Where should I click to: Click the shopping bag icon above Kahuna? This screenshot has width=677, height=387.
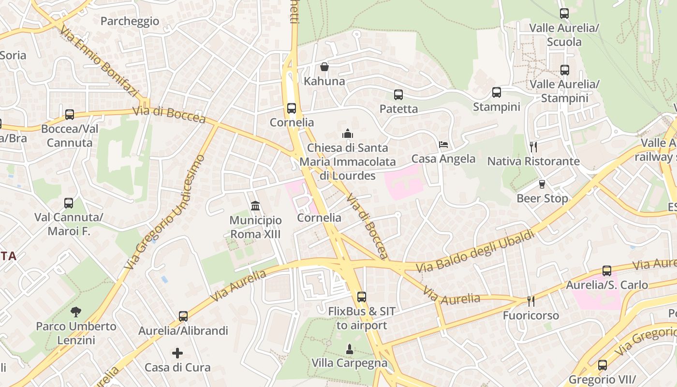coord(324,67)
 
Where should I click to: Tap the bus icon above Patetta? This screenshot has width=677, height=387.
coord(398,95)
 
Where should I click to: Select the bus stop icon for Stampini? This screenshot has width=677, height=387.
coord(497,92)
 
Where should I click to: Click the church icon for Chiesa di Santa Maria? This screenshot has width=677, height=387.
coord(347,134)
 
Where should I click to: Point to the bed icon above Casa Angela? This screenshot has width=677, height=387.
coord(443,145)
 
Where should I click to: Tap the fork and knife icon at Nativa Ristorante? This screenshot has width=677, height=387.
coord(533,147)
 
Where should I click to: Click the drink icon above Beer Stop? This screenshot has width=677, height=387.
coord(542,184)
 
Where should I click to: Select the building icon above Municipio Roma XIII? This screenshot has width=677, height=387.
coord(255,207)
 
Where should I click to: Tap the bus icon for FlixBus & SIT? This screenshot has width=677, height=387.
coord(362,297)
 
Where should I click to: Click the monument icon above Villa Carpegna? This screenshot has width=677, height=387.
coord(349,349)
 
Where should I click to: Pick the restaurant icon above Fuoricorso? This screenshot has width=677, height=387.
coord(531,301)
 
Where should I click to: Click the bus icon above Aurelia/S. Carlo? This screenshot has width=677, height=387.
coord(607,271)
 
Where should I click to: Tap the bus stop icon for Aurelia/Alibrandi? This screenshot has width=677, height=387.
coord(183,316)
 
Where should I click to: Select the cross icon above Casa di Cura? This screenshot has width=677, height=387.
coord(177,353)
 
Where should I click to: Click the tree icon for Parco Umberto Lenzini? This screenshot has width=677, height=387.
coord(76,312)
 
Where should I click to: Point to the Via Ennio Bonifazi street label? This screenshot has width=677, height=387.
coord(99,61)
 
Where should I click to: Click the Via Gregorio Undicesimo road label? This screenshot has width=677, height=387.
coord(164,212)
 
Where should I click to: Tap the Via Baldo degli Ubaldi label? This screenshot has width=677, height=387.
coord(475,251)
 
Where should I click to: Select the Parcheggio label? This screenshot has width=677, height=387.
coord(130,21)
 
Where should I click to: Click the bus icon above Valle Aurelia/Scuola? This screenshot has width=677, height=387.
coord(564,14)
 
